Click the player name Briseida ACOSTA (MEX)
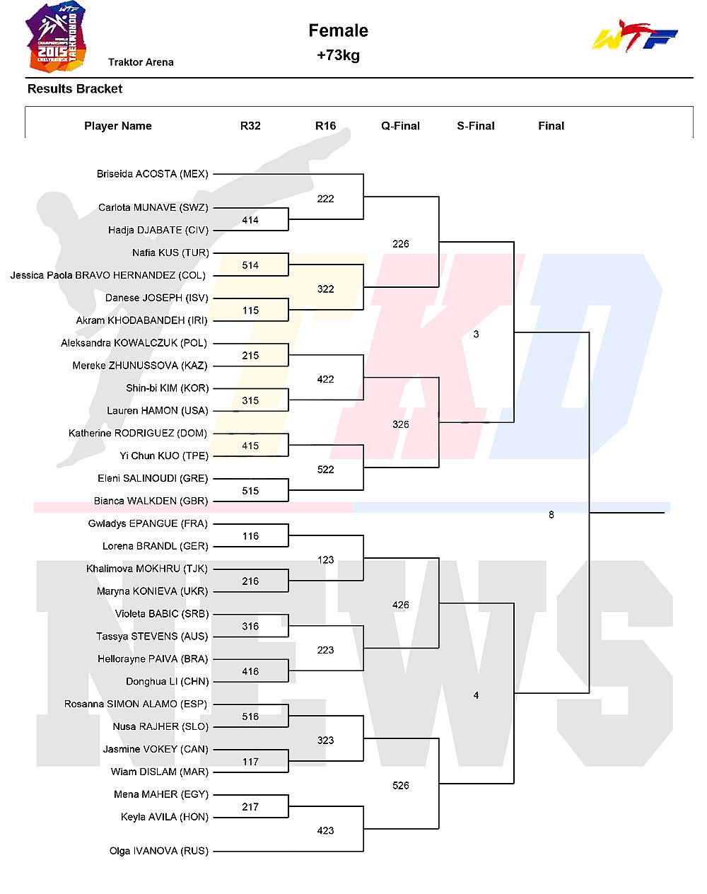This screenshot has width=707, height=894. [x=153, y=174]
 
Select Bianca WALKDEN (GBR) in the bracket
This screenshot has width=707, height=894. [x=151, y=501]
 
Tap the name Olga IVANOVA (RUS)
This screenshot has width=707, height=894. [x=158, y=851]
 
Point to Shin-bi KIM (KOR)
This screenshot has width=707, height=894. [x=167, y=388]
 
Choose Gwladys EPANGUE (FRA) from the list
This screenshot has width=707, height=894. [x=148, y=523]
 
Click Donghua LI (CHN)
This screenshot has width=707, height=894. [x=167, y=681]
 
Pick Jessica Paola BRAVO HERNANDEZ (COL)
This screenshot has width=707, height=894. [x=108, y=275]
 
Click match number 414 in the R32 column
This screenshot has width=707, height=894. [x=250, y=220]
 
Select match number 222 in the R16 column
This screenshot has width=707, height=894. [x=325, y=199]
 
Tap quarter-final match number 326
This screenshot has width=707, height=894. [x=400, y=424]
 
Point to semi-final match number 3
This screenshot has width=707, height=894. [x=476, y=334]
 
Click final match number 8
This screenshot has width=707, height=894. [x=551, y=515]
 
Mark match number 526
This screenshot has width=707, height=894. [x=400, y=785]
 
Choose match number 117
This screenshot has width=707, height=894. [x=250, y=762]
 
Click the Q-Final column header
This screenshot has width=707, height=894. [x=400, y=126]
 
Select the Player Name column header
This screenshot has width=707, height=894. [x=118, y=126]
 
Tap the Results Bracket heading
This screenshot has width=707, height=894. [x=75, y=88]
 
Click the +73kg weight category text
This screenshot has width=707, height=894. [x=338, y=55]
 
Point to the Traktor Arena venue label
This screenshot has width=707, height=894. [x=141, y=62]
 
